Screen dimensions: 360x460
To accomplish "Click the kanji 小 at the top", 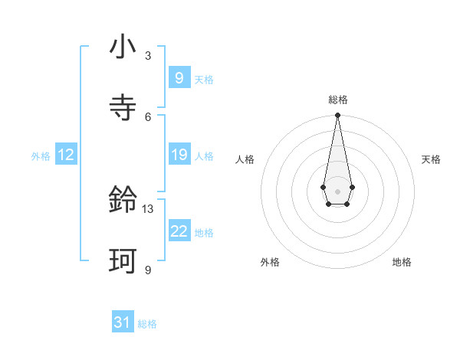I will [123, 48].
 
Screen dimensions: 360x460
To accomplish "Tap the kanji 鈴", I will [123, 201].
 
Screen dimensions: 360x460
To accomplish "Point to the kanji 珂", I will [123, 261].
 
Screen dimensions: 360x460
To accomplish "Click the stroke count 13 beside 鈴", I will [148, 208].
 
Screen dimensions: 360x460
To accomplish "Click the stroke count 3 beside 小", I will [148, 56].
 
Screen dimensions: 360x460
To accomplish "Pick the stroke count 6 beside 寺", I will [148, 116].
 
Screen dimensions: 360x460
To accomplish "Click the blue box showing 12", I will [65, 155].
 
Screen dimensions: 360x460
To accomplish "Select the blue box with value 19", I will [179, 155].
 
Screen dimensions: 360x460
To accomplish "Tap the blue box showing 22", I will [179, 231].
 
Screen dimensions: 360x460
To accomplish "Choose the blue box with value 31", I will [123, 322].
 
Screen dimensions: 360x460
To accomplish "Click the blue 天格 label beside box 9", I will [204, 80].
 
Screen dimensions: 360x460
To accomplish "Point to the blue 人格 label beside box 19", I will [204, 156].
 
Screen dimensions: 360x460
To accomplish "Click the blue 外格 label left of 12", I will [41, 156].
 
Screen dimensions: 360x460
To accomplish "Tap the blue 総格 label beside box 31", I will [147, 324].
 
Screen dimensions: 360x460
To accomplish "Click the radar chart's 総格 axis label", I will [337, 100].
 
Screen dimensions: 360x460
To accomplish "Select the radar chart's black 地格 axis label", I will [402, 262].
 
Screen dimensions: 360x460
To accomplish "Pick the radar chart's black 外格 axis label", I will [270, 262].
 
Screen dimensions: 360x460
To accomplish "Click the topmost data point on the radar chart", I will [337, 115].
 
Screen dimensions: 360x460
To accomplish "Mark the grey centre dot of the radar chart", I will [337, 190].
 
